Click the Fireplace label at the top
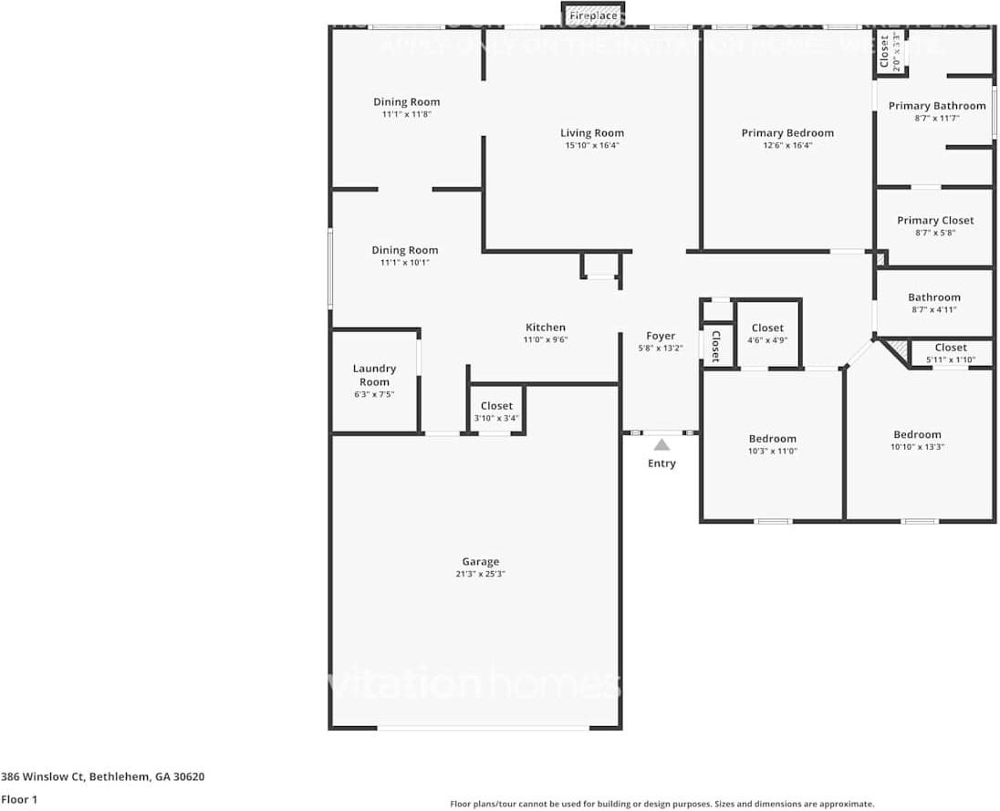click(x=593, y=16)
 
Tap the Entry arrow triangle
click(x=661, y=444)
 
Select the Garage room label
click(x=480, y=562)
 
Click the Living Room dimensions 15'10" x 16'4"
click(x=591, y=145)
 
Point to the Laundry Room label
click(x=374, y=375)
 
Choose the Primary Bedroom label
click(x=786, y=132)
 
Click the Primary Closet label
click(x=935, y=220)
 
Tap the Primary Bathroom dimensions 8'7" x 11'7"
click(x=937, y=119)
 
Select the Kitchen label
click(x=546, y=328)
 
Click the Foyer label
click(x=661, y=336)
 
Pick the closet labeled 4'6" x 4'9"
click(x=767, y=328)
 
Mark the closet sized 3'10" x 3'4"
click(x=496, y=406)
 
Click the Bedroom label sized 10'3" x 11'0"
click(x=773, y=439)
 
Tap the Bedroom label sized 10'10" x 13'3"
click(x=917, y=434)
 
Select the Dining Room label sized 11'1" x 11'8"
click(x=406, y=102)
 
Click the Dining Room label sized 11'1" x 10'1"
click(x=404, y=250)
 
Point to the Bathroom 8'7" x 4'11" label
click(x=933, y=297)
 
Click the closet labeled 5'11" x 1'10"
click(x=951, y=348)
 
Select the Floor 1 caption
click(x=18, y=799)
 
